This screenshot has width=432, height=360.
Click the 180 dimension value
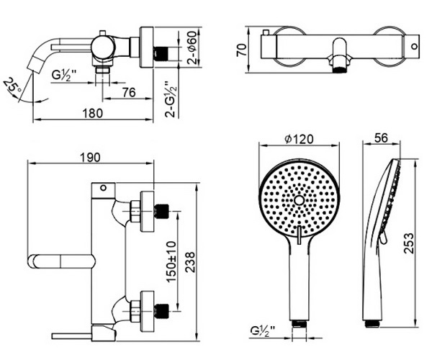coord(93,113)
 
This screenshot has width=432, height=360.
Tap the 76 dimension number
coord(129,93)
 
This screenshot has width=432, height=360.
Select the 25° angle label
coord(13,86)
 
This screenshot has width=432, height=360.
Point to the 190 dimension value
coord(90,157)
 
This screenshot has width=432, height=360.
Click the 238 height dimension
coord(189,262)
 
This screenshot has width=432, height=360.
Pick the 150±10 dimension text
coord(171,261)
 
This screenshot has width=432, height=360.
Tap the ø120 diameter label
coord(299,139)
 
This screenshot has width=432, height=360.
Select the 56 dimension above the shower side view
coord(381,138)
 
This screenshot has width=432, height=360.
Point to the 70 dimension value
coord(242,50)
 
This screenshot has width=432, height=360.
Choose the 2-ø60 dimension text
coord(192,48)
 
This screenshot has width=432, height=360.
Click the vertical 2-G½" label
coord(171,99)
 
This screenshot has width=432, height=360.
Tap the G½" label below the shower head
coord(263,330)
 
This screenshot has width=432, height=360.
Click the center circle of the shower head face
coord(299,200)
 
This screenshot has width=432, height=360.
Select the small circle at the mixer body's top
coord(103,188)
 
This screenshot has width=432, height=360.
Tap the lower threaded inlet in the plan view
coord(161,311)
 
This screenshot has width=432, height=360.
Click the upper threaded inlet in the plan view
coord(161,211)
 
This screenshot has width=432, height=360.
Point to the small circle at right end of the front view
coord(415,46)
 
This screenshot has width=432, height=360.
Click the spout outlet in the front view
coord(339,69)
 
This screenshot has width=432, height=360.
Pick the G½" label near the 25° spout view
coord(63,75)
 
